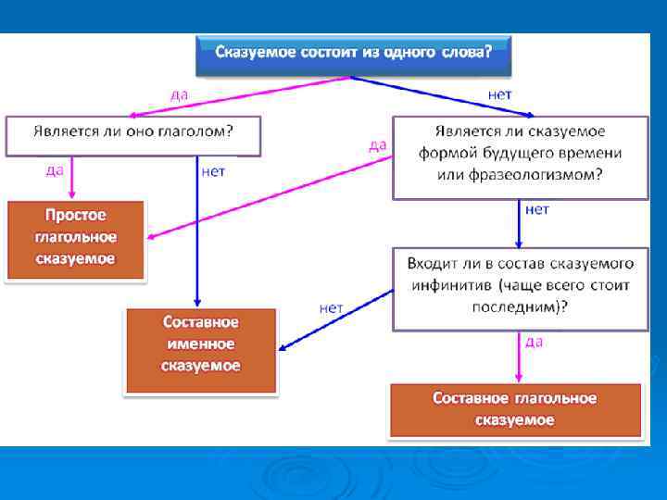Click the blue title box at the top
[x=353, y=54]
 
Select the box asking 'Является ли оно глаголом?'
[x=133, y=134]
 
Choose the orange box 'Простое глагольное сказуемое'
[x=76, y=238]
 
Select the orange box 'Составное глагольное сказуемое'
[x=515, y=409]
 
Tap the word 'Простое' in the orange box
[x=76, y=216]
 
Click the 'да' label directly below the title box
[x=182, y=94]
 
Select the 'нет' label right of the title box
[x=499, y=94]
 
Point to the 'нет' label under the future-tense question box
[x=537, y=209]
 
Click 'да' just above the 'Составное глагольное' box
[x=534, y=341]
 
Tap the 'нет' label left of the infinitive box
[x=331, y=307]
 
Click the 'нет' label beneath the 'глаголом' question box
[x=213, y=170]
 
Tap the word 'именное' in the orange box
[x=201, y=344]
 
